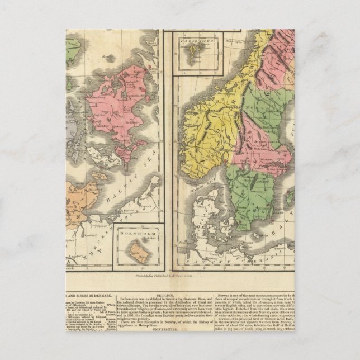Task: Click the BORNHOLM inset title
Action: click(135, 231)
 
